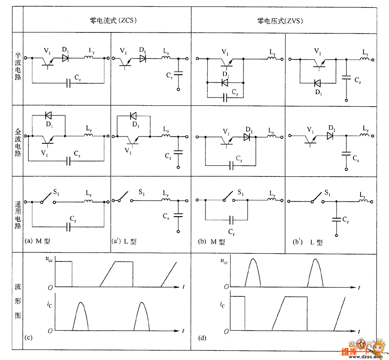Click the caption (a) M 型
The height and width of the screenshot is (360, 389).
(44, 241)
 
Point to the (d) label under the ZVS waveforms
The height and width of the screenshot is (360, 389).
(202, 338)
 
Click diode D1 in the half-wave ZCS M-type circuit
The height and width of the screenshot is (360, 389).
(65, 58)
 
